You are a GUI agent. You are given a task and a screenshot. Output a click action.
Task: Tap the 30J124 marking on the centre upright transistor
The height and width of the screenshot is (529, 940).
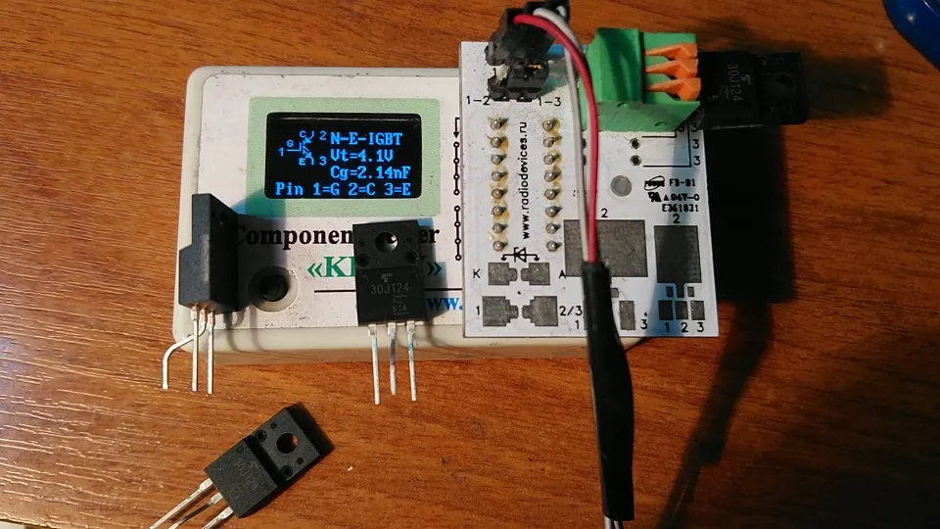coord(391,291)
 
